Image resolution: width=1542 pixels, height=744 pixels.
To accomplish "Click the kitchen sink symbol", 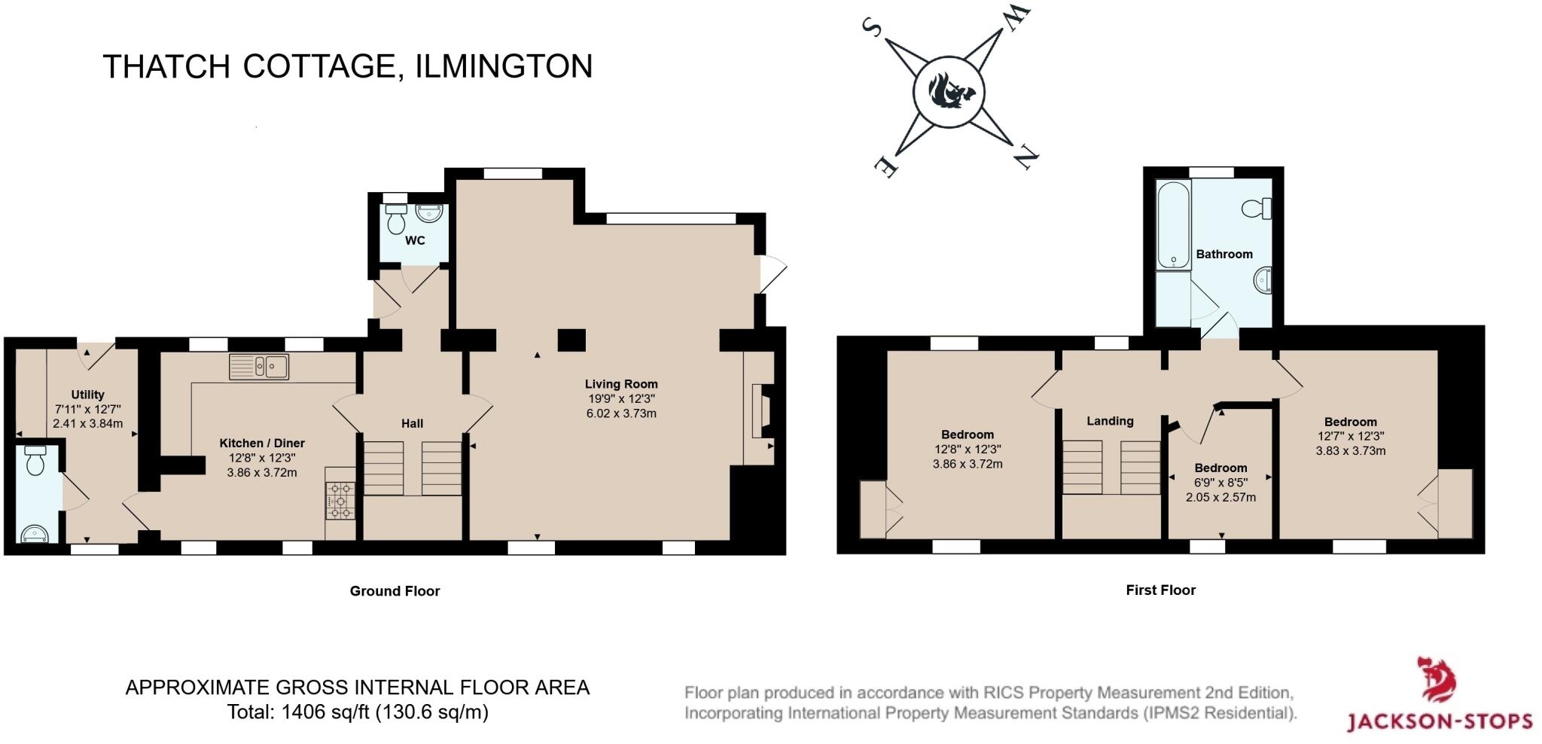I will [x=259, y=367].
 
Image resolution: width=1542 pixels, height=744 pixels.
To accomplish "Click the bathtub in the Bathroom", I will [x=1173, y=224].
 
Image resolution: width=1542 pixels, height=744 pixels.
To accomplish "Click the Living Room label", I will [x=621, y=384].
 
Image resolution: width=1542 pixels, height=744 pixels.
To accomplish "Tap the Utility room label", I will [x=87, y=395].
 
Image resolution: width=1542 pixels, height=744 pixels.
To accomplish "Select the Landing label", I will [x=1110, y=421].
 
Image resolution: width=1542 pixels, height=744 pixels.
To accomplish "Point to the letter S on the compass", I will [x=873, y=28].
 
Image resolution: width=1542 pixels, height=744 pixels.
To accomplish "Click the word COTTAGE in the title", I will [x=318, y=66].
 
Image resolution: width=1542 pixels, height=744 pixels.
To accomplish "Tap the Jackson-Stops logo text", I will [x=1439, y=721].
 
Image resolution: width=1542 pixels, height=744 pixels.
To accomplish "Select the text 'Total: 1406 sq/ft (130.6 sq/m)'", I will [x=358, y=712].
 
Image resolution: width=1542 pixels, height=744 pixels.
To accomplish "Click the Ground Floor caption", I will [x=395, y=591].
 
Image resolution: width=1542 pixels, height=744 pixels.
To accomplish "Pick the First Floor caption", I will [x=1160, y=590].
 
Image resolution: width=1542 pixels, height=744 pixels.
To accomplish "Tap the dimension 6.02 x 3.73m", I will [x=621, y=413].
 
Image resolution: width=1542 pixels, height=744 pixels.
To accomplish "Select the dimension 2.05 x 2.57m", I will [x=1220, y=497].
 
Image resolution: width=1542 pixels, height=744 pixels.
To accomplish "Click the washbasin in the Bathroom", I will [x=1263, y=280].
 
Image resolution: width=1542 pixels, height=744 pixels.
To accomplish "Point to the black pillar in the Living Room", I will [x=571, y=340].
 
